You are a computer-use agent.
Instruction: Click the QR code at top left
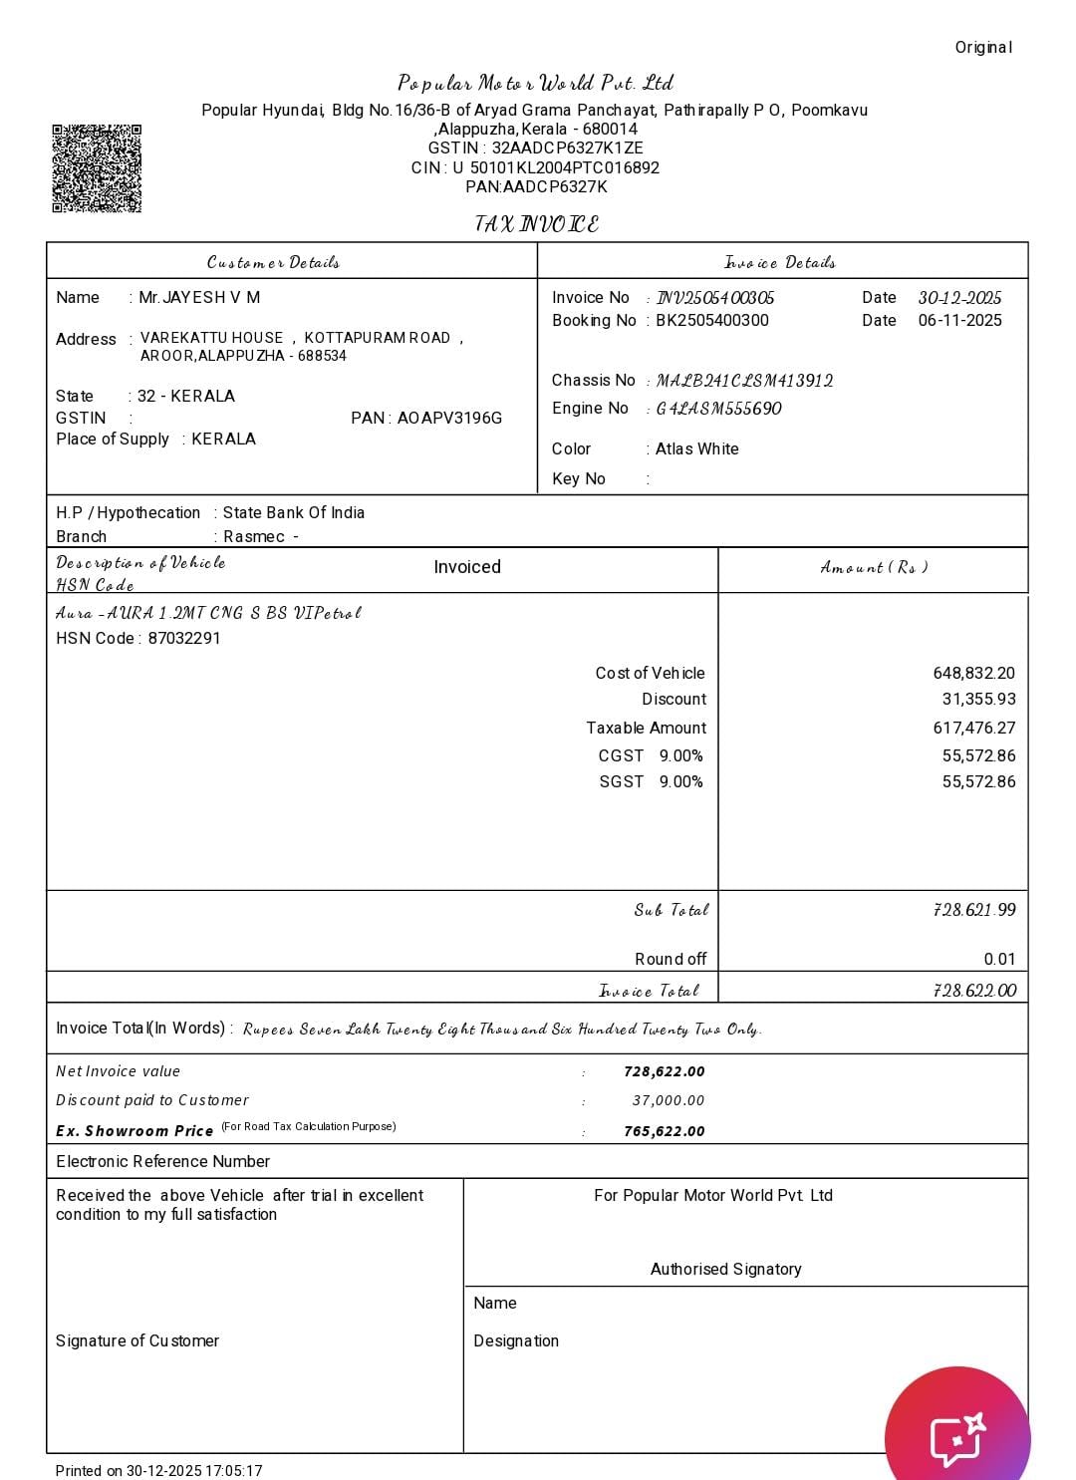(97, 167)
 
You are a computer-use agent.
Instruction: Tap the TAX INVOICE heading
(537, 224)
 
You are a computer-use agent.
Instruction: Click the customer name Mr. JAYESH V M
(199, 297)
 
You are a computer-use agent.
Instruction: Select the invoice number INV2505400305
(715, 298)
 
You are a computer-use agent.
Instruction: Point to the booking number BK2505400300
(712, 320)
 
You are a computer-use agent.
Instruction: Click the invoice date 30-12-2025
(959, 298)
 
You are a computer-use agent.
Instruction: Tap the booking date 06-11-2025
(959, 320)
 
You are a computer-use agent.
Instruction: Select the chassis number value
(744, 381)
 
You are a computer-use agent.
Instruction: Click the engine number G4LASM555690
(718, 409)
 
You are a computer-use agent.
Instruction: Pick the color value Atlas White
(696, 448)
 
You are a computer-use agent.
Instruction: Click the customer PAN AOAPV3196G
(449, 418)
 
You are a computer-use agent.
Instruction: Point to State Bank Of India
(293, 512)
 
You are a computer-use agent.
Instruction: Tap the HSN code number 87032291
(184, 638)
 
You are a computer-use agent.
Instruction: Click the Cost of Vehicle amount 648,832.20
(973, 673)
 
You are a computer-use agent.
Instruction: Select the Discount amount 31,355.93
(978, 699)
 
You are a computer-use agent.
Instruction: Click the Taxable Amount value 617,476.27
(973, 728)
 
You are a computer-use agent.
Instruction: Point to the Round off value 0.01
(999, 959)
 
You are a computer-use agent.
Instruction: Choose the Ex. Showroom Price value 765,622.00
(664, 1131)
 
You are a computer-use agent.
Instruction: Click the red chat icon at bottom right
(957, 1435)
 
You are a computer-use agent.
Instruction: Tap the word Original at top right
(983, 47)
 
